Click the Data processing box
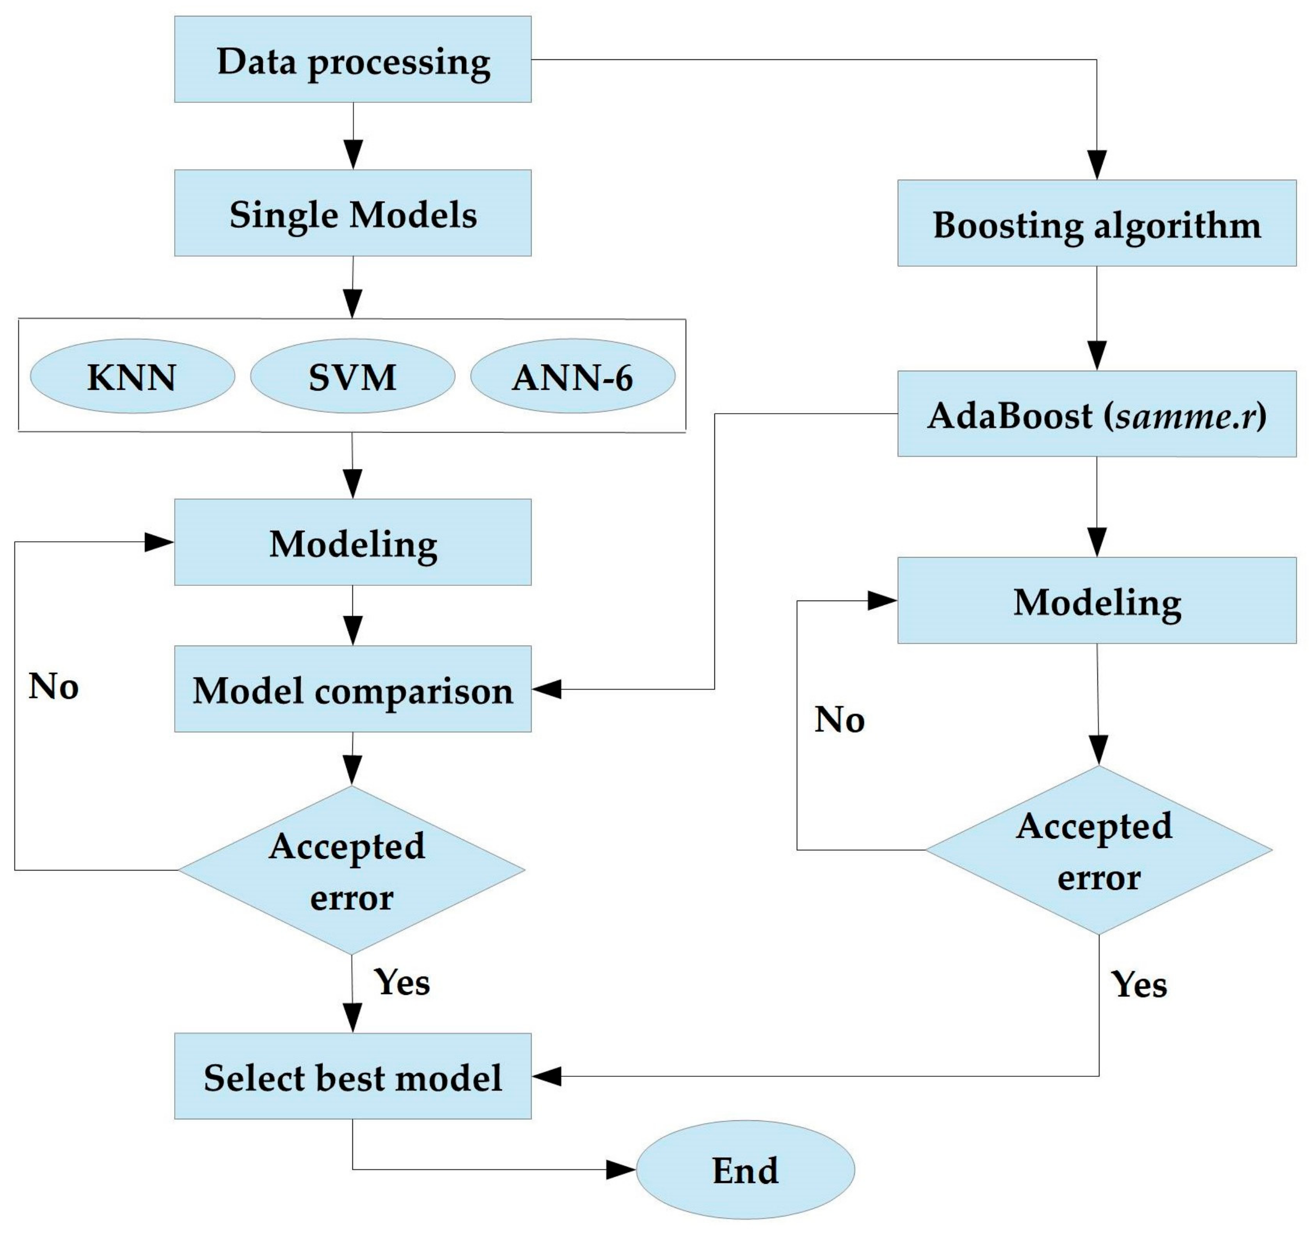click(352, 59)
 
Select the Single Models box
click(352, 212)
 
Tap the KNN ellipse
click(132, 376)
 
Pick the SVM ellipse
click(352, 376)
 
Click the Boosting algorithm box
click(1096, 223)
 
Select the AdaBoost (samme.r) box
click(1096, 414)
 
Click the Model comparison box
click(352, 689)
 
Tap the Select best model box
click(352, 1076)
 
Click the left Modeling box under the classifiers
click(352, 542)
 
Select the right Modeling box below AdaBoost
click(1096, 601)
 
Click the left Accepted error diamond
click(352, 870)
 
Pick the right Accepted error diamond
click(1099, 850)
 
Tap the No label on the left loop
click(53, 686)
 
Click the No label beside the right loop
click(839, 719)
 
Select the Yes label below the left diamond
click(402, 982)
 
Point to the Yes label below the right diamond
click(1139, 985)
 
